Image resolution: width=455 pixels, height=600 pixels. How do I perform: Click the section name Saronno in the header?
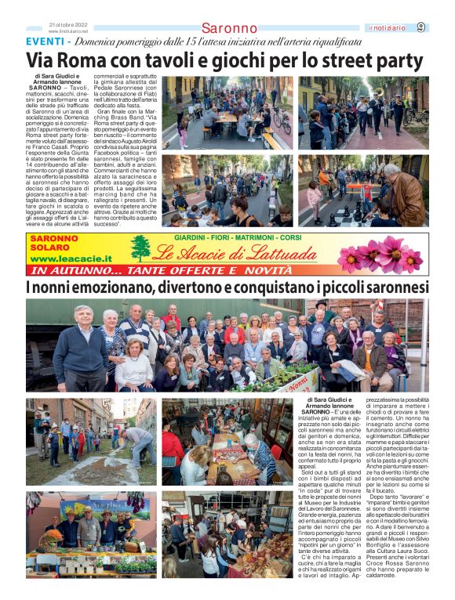point(229,29)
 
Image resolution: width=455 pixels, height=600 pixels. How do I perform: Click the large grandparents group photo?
point(227,345)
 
